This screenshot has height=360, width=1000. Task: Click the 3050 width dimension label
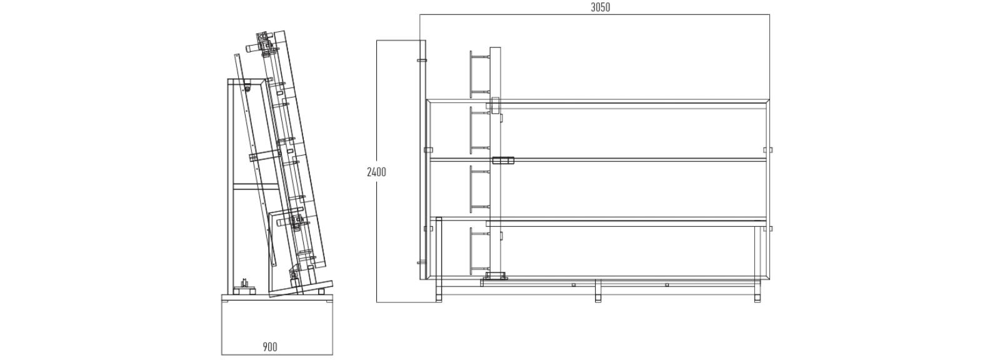tap(601, 7)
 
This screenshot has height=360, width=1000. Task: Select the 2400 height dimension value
tap(376, 172)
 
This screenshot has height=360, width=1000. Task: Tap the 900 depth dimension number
tap(270, 347)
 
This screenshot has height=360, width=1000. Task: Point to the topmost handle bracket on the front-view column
tap(479, 74)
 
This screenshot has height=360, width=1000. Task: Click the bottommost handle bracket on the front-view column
tap(479, 251)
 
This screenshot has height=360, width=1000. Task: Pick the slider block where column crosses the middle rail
tap(503, 160)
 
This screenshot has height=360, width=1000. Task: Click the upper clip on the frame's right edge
tap(768, 150)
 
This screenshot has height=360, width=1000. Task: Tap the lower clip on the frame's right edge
tap(768, 229)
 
